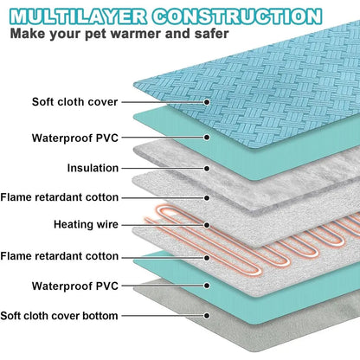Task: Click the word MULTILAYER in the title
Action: pyautogui.click(x=78, y=16)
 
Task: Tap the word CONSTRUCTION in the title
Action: pyautogui.click(x=237, y=16)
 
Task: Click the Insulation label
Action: pyautogui.click(x=93, y=168)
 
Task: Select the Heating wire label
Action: pyautogui.click(x=86, y=224)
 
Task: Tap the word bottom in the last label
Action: pyautogui.click(x=100, y=316)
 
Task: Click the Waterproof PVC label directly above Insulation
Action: pyautogui.click(x=75, y=138)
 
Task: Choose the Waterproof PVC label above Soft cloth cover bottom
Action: pyautogui.click(x=75, y=286)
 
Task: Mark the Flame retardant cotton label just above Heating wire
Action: pyautogui.click(x=60, y=197)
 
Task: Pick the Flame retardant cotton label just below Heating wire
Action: pyautogui.click(x=60, y=256)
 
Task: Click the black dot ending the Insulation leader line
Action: pyautogui.click(x=207, y=169)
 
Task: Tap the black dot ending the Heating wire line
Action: pyautogui.click(x=207, y=225)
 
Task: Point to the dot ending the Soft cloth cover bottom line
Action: pyautogui.click(x=207, y=316)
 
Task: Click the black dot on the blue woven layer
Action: pyautogui.click(x=207, y=102)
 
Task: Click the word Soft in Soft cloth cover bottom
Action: pyautogui.click(x=10, y=316)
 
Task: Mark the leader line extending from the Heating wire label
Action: pyautogui.click(x=163, y=225)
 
